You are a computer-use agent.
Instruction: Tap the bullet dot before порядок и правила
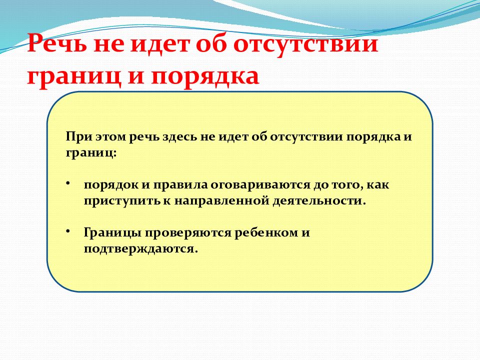(x=68, y=183)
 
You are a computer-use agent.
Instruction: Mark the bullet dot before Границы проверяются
(x=68, y=231)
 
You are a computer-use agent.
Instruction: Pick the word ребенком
(x=266, y=232)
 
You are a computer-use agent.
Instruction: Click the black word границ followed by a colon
(x=91, y=153)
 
